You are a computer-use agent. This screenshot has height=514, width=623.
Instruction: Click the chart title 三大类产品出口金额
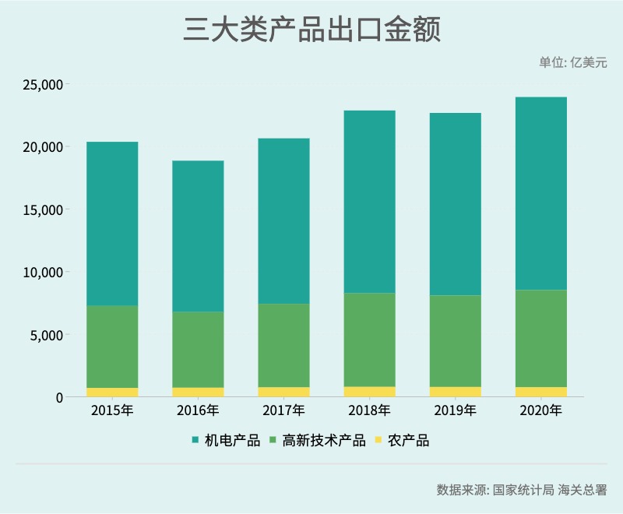click(311, 30)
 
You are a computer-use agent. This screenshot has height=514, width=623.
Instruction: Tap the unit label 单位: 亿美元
click(572, 63)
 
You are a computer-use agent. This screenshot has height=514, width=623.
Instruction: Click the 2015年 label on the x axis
click(112, 410)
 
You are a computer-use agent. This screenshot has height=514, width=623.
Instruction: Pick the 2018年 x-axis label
click(369, 410)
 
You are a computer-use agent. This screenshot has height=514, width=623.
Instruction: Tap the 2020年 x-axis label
click(540, 410)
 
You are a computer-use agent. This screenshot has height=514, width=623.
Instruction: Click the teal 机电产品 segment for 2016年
click(198, 236)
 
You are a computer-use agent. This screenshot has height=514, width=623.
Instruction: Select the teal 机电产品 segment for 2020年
click(540, 193)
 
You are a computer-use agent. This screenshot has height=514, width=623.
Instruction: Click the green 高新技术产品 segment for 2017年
click(283, 345)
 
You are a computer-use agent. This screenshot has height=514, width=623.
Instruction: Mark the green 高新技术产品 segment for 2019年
click(455, 341)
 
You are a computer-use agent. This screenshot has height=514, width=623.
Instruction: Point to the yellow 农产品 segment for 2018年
click(369, 392)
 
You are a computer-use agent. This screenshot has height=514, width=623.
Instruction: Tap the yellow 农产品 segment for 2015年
click(112, 393)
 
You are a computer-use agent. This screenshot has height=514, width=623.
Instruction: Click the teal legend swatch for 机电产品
click(195, 441)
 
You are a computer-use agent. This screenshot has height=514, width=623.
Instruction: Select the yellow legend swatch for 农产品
click(379, 441)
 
